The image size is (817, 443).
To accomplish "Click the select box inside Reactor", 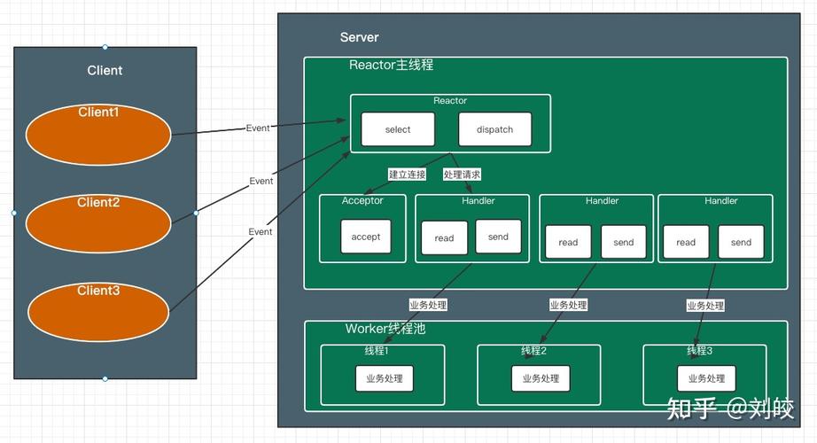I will [x=398, y=129].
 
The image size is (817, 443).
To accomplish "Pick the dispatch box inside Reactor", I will [x=494, y=129].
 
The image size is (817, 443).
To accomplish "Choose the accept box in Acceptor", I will [x=366, y=237].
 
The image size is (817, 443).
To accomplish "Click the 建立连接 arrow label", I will [x=407, y=175].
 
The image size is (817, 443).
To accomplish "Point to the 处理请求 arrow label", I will [x=462, y=175].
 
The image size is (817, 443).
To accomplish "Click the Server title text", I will [x=359, y=37].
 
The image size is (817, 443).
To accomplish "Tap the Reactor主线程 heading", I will [x=391, y=66].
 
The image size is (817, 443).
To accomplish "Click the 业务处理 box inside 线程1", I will [x=384, y=378].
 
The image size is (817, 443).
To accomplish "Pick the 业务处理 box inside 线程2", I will [x=541, y=378].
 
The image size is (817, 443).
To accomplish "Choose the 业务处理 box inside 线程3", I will [x=706, y=378].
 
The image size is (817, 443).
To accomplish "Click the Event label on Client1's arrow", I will [x=258, y=128].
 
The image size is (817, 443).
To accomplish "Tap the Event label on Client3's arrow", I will [x=261, y=232].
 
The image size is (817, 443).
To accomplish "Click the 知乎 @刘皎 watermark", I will [x=730, y=408].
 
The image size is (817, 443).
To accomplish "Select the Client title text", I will [x=105, y=71].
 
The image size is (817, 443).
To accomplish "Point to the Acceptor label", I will [x=362, y=201].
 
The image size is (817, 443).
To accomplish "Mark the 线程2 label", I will [x=533, y=351].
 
